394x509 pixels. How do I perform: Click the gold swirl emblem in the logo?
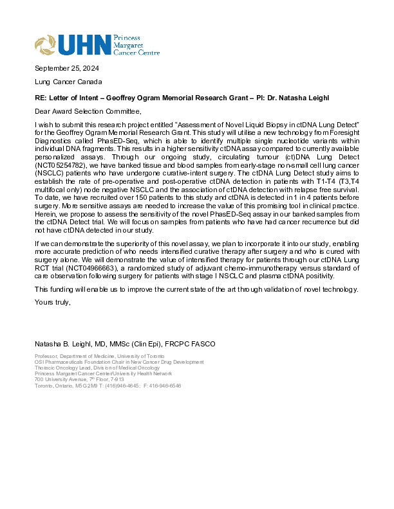click(x=46, y=44)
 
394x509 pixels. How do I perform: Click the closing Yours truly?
click(x=52, y=302)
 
